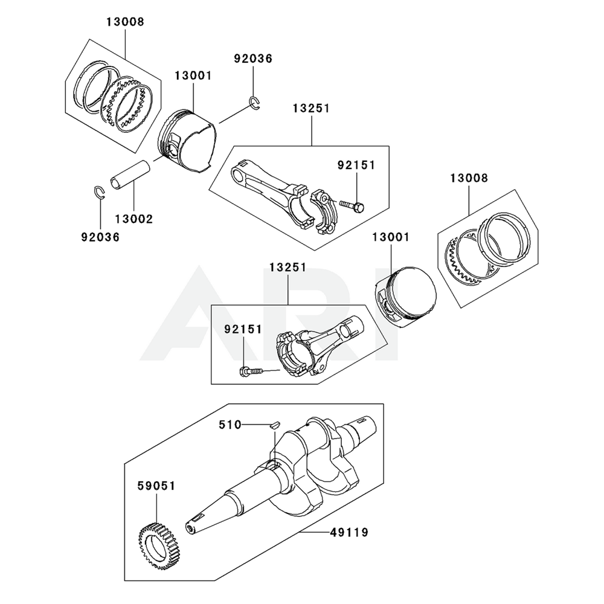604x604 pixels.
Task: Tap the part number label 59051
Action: (156, 485)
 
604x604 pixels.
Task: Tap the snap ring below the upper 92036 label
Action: (255, 103)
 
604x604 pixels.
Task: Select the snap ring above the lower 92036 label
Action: (101, 192)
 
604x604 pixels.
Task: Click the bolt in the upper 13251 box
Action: (352, 206)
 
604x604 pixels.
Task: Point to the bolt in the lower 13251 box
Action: (252, 370)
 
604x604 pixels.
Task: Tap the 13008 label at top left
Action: (126, 22)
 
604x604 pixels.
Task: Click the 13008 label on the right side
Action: (469, 178)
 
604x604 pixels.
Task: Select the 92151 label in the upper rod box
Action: (356, 164)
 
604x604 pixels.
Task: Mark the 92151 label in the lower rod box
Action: (243, 329)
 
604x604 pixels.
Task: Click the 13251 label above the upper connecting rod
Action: (311, 109)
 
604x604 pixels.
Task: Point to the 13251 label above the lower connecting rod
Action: (288, 267)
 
